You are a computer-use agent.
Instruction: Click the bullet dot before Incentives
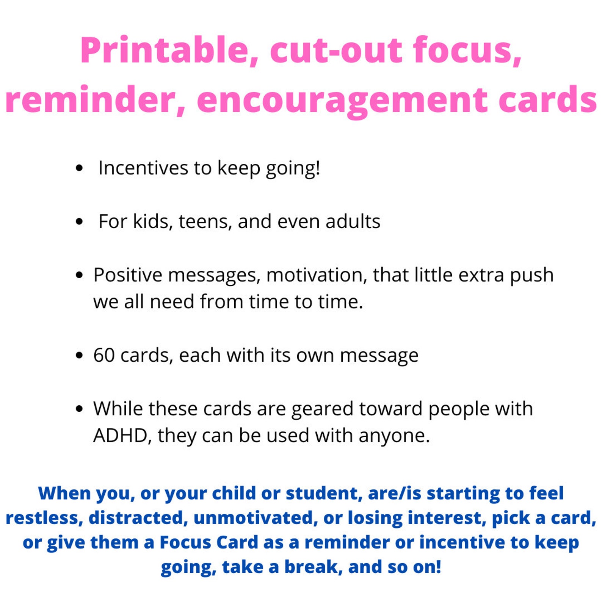(79, 168)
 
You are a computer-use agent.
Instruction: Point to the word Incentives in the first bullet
(143, 168)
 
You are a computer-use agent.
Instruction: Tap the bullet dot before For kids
(79, 221)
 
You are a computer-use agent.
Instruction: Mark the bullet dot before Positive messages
(79, 275)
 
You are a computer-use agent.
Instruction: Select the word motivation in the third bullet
(317, 275)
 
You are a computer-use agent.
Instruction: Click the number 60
(104, 355)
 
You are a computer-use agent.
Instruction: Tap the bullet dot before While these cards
(79, 409)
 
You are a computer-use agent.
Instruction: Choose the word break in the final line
(310, 567)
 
